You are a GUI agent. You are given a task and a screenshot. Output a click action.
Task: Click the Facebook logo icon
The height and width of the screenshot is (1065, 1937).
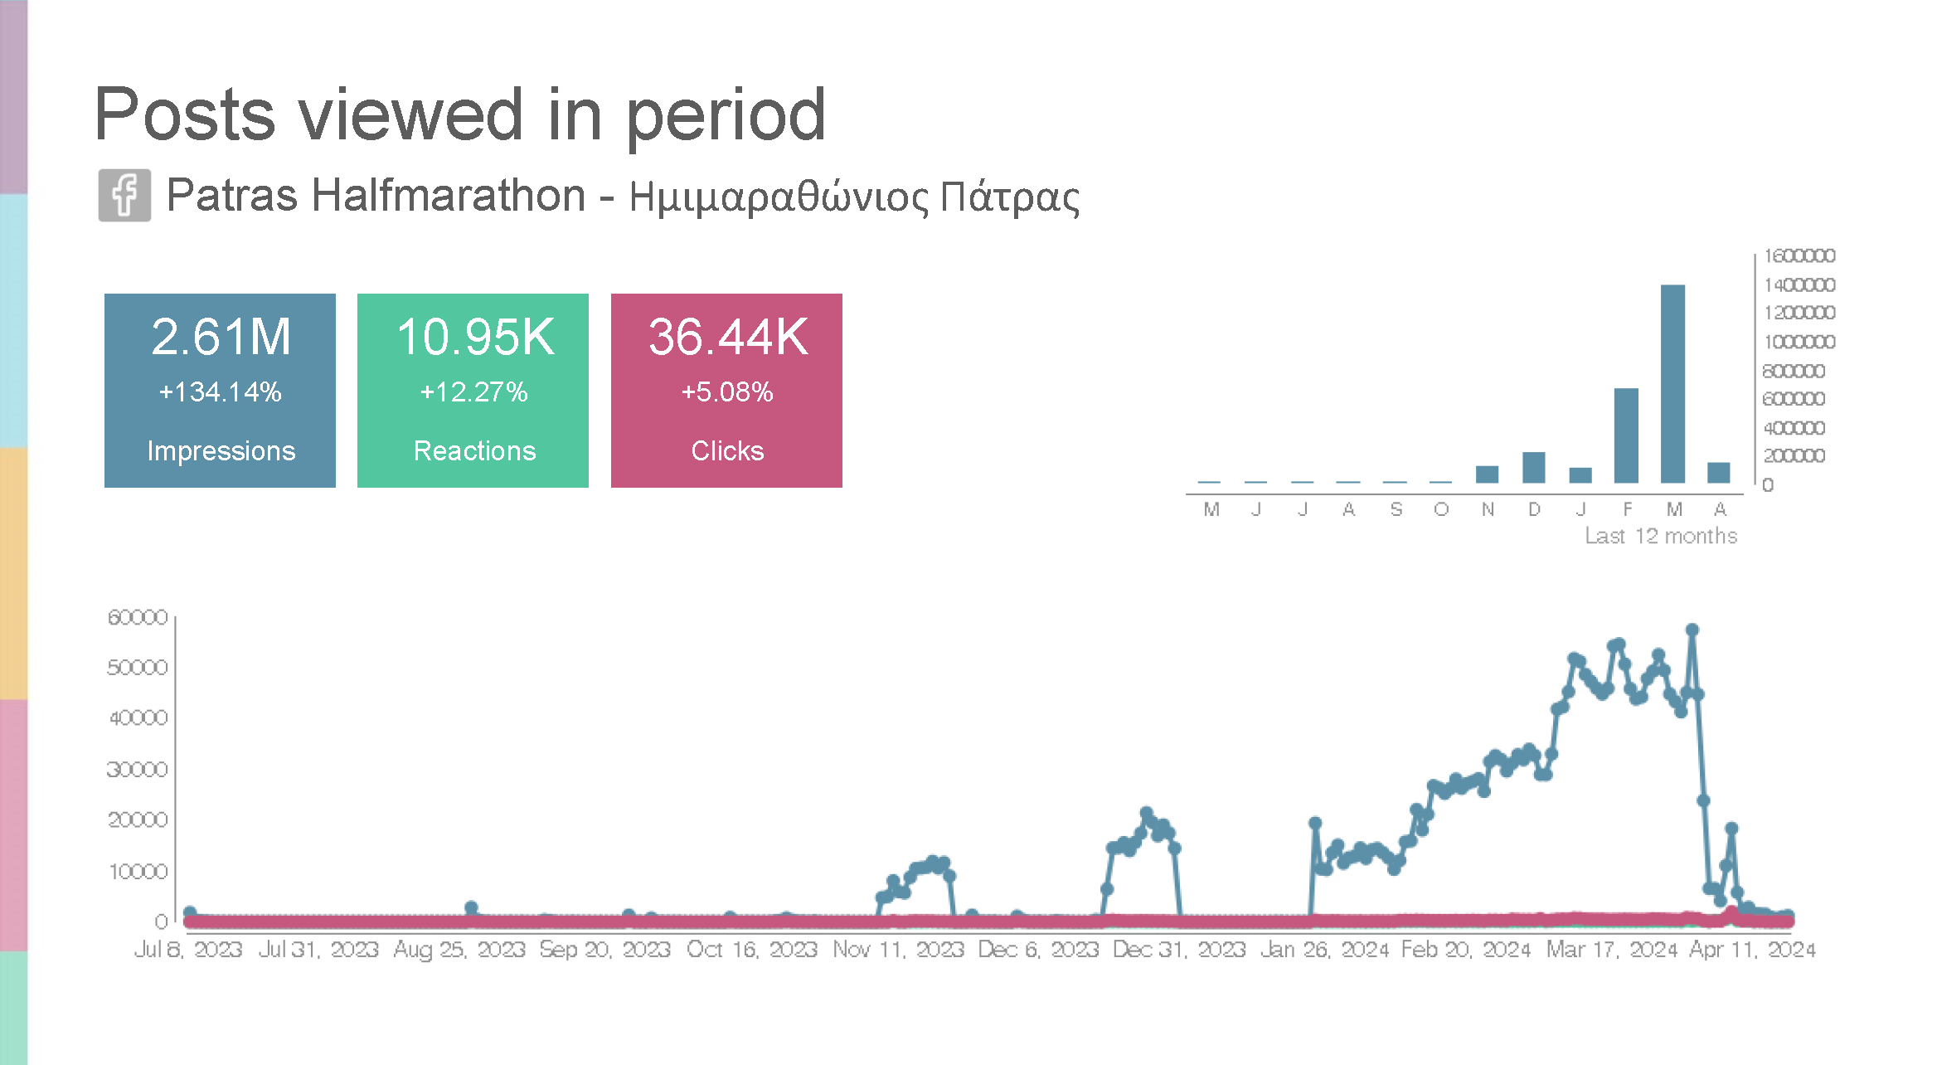point(124,196)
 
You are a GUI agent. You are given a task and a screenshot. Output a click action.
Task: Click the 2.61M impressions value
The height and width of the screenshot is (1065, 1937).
point(221,338)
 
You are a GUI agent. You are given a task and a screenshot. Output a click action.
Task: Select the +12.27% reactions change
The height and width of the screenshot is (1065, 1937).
point(473,391)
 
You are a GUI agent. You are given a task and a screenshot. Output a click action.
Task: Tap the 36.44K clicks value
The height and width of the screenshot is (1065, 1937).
point(727,338)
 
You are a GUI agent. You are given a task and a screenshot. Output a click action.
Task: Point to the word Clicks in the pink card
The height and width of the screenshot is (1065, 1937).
point(727,450)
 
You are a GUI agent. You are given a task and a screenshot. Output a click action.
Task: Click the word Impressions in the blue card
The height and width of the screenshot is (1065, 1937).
point(221,450)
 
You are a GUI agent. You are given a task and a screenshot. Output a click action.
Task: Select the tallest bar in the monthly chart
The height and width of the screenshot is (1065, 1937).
point(1672,383)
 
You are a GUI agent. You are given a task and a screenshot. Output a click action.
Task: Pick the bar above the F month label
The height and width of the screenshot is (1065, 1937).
point(1626,435)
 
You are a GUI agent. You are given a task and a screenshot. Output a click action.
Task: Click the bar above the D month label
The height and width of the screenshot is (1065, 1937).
point(1533,467)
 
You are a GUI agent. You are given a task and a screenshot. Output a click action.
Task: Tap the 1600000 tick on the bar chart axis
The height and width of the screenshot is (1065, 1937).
point(1799,255)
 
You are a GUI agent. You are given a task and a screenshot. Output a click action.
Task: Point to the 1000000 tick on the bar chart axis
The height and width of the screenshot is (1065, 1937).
point(1799,342)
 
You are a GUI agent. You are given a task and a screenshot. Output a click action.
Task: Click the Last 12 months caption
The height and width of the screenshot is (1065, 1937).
point(1660,536)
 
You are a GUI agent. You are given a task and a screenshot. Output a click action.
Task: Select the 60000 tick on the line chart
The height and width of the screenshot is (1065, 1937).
point(138,617)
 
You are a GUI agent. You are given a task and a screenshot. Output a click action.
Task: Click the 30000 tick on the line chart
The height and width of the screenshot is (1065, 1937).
point(138,769)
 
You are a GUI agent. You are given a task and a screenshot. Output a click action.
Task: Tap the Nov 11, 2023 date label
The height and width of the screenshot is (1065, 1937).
point(898,949)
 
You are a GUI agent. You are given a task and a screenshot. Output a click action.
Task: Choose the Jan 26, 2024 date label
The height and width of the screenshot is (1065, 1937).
point(1324,949)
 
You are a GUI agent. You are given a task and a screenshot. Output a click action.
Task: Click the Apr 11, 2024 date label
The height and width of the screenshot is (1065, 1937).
point(1752,949)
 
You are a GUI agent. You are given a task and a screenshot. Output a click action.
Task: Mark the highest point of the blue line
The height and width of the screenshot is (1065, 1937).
point(1692,630)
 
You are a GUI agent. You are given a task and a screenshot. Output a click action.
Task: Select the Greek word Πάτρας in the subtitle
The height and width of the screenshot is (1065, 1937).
point(1009,197)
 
